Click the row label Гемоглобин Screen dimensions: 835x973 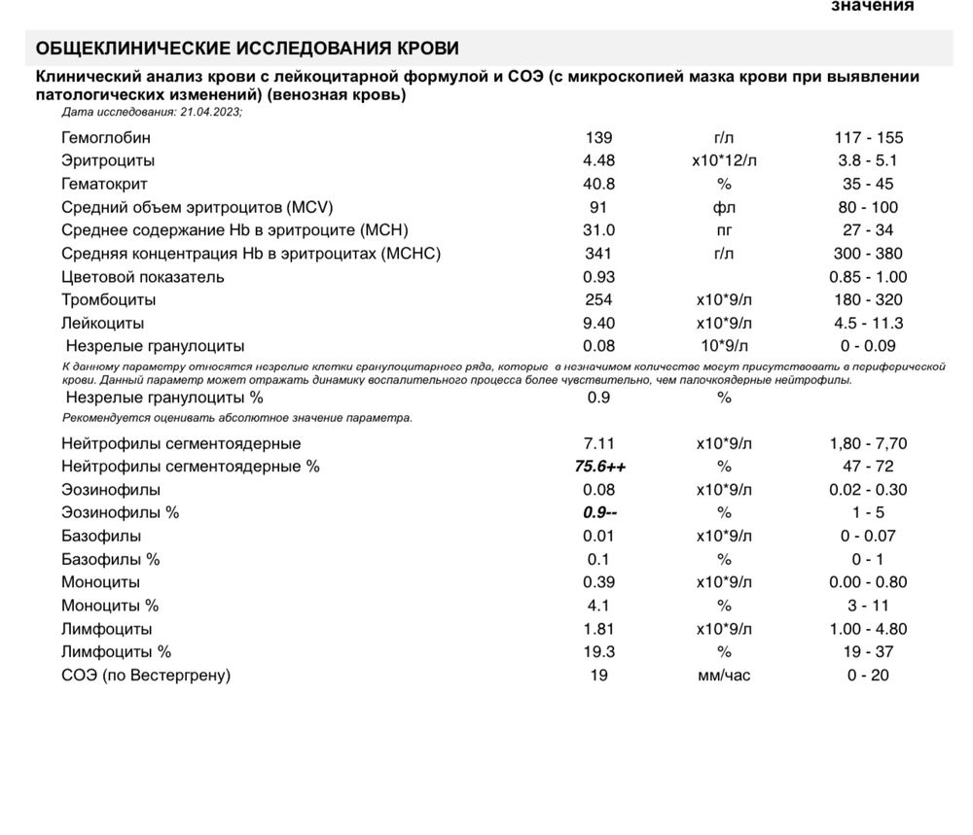coord(106,138)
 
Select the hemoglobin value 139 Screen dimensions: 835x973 coord(599,138)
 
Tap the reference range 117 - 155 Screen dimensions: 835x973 coord(862,138)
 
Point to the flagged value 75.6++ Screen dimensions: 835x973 coord(600,467)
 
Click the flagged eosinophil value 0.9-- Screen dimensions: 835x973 coord(600,513)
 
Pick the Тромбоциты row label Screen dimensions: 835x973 coord(108,300)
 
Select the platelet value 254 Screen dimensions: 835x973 coord(599,300)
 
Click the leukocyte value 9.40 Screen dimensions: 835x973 coord(599,324)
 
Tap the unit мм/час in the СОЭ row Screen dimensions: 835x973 coord(724,676)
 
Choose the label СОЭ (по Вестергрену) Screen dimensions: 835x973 coord(146,676)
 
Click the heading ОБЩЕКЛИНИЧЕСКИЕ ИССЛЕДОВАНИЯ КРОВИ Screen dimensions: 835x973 coord(247,49)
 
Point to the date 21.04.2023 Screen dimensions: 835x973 coord(209,112)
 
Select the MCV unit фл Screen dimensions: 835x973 coord(724,207)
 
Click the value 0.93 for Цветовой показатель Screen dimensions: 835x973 coord(599,277)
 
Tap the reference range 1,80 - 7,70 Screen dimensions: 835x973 coord(862,444)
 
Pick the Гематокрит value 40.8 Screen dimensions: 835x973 coord(599,184)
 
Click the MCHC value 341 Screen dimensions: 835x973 coord(599,254)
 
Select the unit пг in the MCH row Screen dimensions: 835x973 coord(724,230)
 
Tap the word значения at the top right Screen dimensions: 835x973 coord(872,6)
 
